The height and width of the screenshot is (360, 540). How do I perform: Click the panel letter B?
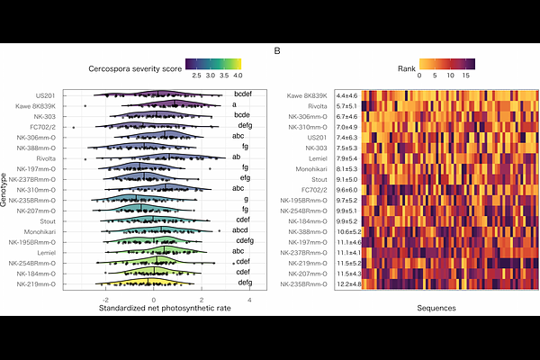277,50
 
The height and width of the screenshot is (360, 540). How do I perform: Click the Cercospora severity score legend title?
134,68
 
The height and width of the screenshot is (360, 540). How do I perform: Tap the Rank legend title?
408,68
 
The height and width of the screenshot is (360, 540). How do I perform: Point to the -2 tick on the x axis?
106,299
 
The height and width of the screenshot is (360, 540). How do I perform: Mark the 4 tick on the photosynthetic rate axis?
248,299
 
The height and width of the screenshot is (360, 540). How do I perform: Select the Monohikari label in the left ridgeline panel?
40,230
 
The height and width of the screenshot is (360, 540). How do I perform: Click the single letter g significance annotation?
246,199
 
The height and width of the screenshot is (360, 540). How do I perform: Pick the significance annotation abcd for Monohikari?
244,230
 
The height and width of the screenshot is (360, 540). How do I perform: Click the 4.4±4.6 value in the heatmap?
346,95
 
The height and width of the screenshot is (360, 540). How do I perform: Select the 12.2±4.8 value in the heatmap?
348,284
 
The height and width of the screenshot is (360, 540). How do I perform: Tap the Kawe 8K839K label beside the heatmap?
309,95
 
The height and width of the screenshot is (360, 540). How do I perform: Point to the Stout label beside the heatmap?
320,180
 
